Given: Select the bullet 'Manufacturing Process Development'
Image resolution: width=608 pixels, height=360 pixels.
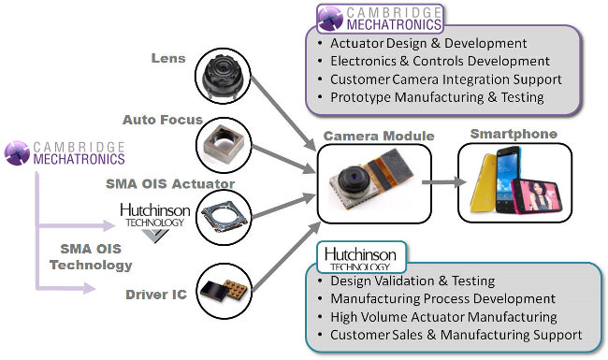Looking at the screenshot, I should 442,299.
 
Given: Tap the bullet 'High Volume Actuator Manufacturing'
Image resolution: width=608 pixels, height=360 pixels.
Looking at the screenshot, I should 445,317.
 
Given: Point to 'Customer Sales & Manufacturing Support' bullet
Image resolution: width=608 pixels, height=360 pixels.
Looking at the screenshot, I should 456,335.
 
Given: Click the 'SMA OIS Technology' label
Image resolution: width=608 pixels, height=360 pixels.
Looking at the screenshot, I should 92,257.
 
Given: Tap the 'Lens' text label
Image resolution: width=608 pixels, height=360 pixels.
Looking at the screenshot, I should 168,58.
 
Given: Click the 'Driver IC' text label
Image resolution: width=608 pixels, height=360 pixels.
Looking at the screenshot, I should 156,295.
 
